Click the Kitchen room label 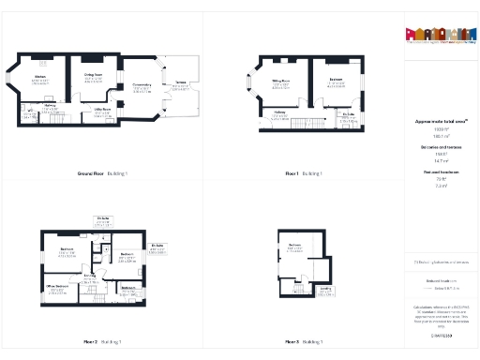[40, 76]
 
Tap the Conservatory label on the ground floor [142, 85]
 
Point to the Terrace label [179, 85]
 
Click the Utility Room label [101, 110]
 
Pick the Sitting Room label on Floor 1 [280, 82]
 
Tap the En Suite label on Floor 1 [348, 114]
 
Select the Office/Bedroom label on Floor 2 [58, 286]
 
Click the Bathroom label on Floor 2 [129, 287]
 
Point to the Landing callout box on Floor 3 [324, 292]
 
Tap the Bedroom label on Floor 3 [295, 247]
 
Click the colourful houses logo [437, 34]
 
